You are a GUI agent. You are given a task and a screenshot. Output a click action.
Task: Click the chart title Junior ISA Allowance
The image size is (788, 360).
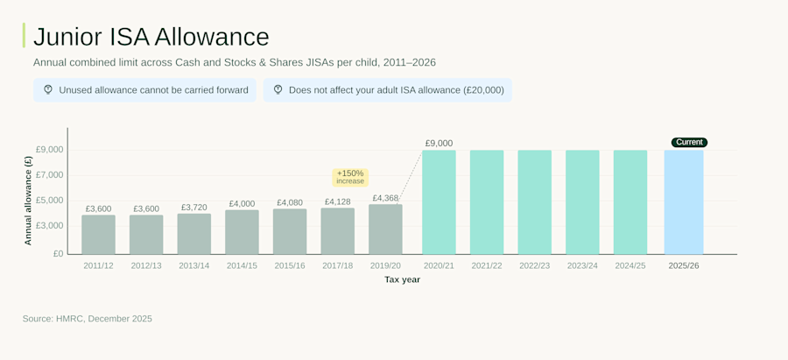[x=151, y=37]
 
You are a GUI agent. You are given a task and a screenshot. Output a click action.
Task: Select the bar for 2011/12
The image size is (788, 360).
[x=98, y=234]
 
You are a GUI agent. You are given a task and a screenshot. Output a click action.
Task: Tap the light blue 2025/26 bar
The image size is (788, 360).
[x=684, y=202]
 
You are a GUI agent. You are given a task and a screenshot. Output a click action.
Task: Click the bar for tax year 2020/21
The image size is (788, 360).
[x=439, y=202]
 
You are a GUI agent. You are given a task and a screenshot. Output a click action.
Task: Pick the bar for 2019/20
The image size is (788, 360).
[x=385, y=229]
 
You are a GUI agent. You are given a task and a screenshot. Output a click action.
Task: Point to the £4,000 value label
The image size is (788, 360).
[x=242, y=203]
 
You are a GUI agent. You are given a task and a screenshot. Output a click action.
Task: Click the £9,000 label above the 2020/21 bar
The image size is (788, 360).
[x=439, y=143]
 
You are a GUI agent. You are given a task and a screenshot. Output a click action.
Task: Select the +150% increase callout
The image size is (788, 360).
[x=350, y=177]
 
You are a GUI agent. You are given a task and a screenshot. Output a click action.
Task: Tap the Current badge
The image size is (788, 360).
[x=689, y=142]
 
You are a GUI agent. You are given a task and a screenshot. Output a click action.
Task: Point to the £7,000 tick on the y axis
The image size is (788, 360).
[x=49, y=175]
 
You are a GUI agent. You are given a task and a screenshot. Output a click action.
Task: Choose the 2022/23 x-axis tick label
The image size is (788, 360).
[x=534, y=265]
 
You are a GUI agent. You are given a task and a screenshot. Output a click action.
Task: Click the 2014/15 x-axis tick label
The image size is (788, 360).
[x=242, y=265]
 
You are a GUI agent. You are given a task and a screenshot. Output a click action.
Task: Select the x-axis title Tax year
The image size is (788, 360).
[x=402, y=279]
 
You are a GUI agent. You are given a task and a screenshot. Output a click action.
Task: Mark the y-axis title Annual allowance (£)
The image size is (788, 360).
[x=28, y=200]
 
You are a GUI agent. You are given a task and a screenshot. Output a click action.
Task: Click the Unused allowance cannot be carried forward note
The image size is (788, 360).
[x=144, y=90]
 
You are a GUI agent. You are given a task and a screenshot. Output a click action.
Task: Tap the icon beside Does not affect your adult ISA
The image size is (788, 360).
[x=278, y=89]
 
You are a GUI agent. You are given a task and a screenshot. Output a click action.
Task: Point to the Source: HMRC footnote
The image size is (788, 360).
[x=88, y=319]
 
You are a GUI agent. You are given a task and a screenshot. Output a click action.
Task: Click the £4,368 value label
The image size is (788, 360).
[x=385, y=198]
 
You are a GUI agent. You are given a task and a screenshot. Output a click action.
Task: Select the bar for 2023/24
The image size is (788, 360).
[x=582, y=202]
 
